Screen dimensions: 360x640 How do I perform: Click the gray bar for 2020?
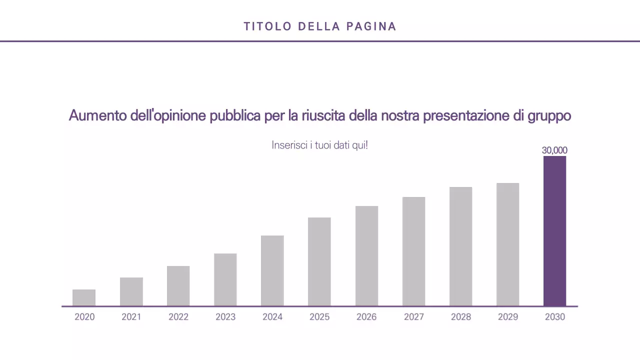[x=84, y=297]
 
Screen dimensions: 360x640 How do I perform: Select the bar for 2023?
[x=225, y=279]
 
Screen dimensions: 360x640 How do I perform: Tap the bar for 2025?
[x=319, y=261]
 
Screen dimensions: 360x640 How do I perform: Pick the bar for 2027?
[x=413, y=251]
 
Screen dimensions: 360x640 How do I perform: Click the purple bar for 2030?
[x=554, y=231]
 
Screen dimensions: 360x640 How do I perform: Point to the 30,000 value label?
[x=554, y=150]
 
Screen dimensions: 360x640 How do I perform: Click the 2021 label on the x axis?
[x=131, y=317]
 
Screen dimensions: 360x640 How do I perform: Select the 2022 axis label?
[x=178, y=317]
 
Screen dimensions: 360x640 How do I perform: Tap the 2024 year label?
[x=272, y=317]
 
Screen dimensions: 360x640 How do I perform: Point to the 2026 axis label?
[x=366, y=317]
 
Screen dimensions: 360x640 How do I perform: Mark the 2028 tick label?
[x=460, y=317]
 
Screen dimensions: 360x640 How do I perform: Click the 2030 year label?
[x=555, y=317]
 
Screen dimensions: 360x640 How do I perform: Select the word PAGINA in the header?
[x=371, y=26]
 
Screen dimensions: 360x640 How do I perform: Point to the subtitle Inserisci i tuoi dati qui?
[x=319, y=145]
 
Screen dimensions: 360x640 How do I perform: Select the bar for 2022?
[x=178, y=285]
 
